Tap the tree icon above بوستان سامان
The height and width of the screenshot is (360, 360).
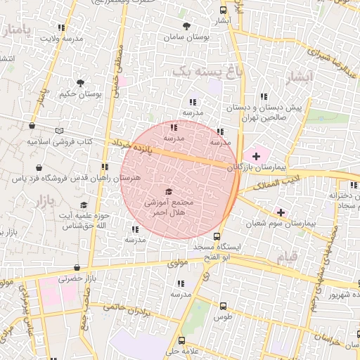coord(186,26)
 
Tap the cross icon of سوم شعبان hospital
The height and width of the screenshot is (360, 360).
coord(281,212)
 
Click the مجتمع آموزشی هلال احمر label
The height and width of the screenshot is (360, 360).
coord(169,206)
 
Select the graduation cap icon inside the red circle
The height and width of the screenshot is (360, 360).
coord(169,192)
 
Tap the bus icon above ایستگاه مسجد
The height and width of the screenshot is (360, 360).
coord(217,237)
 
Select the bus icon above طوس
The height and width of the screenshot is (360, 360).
coord(224,306)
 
